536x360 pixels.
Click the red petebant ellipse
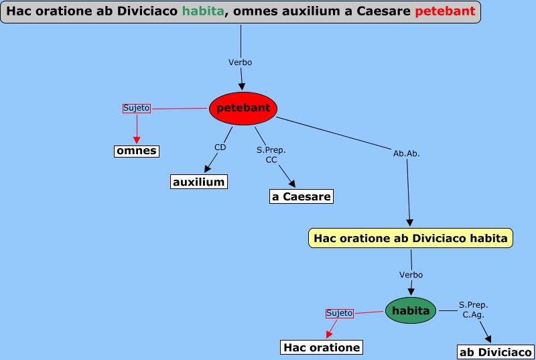coord(243,108)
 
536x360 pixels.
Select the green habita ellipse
coord(411,310)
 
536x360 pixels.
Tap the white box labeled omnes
coord(137,151)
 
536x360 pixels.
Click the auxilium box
coord(198,182)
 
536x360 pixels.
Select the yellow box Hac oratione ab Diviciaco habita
coord(411,238)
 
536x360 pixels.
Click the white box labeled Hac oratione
coord(322,347)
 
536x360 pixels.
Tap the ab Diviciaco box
coord(496,352)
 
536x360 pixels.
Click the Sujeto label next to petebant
coord(137,108)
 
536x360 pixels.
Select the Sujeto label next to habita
coord(339,313)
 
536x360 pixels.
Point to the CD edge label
coord(220,147)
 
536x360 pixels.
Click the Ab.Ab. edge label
coord(407,154)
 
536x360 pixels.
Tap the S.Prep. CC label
coord(271,155)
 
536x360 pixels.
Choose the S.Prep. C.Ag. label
coord(473,310)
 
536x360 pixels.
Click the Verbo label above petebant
coord(240,62)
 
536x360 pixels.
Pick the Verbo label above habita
coord(411,275)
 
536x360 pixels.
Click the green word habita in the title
coord(202,11)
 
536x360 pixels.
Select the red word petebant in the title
coord(445,11)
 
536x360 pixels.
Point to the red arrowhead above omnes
coord(137,139)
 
